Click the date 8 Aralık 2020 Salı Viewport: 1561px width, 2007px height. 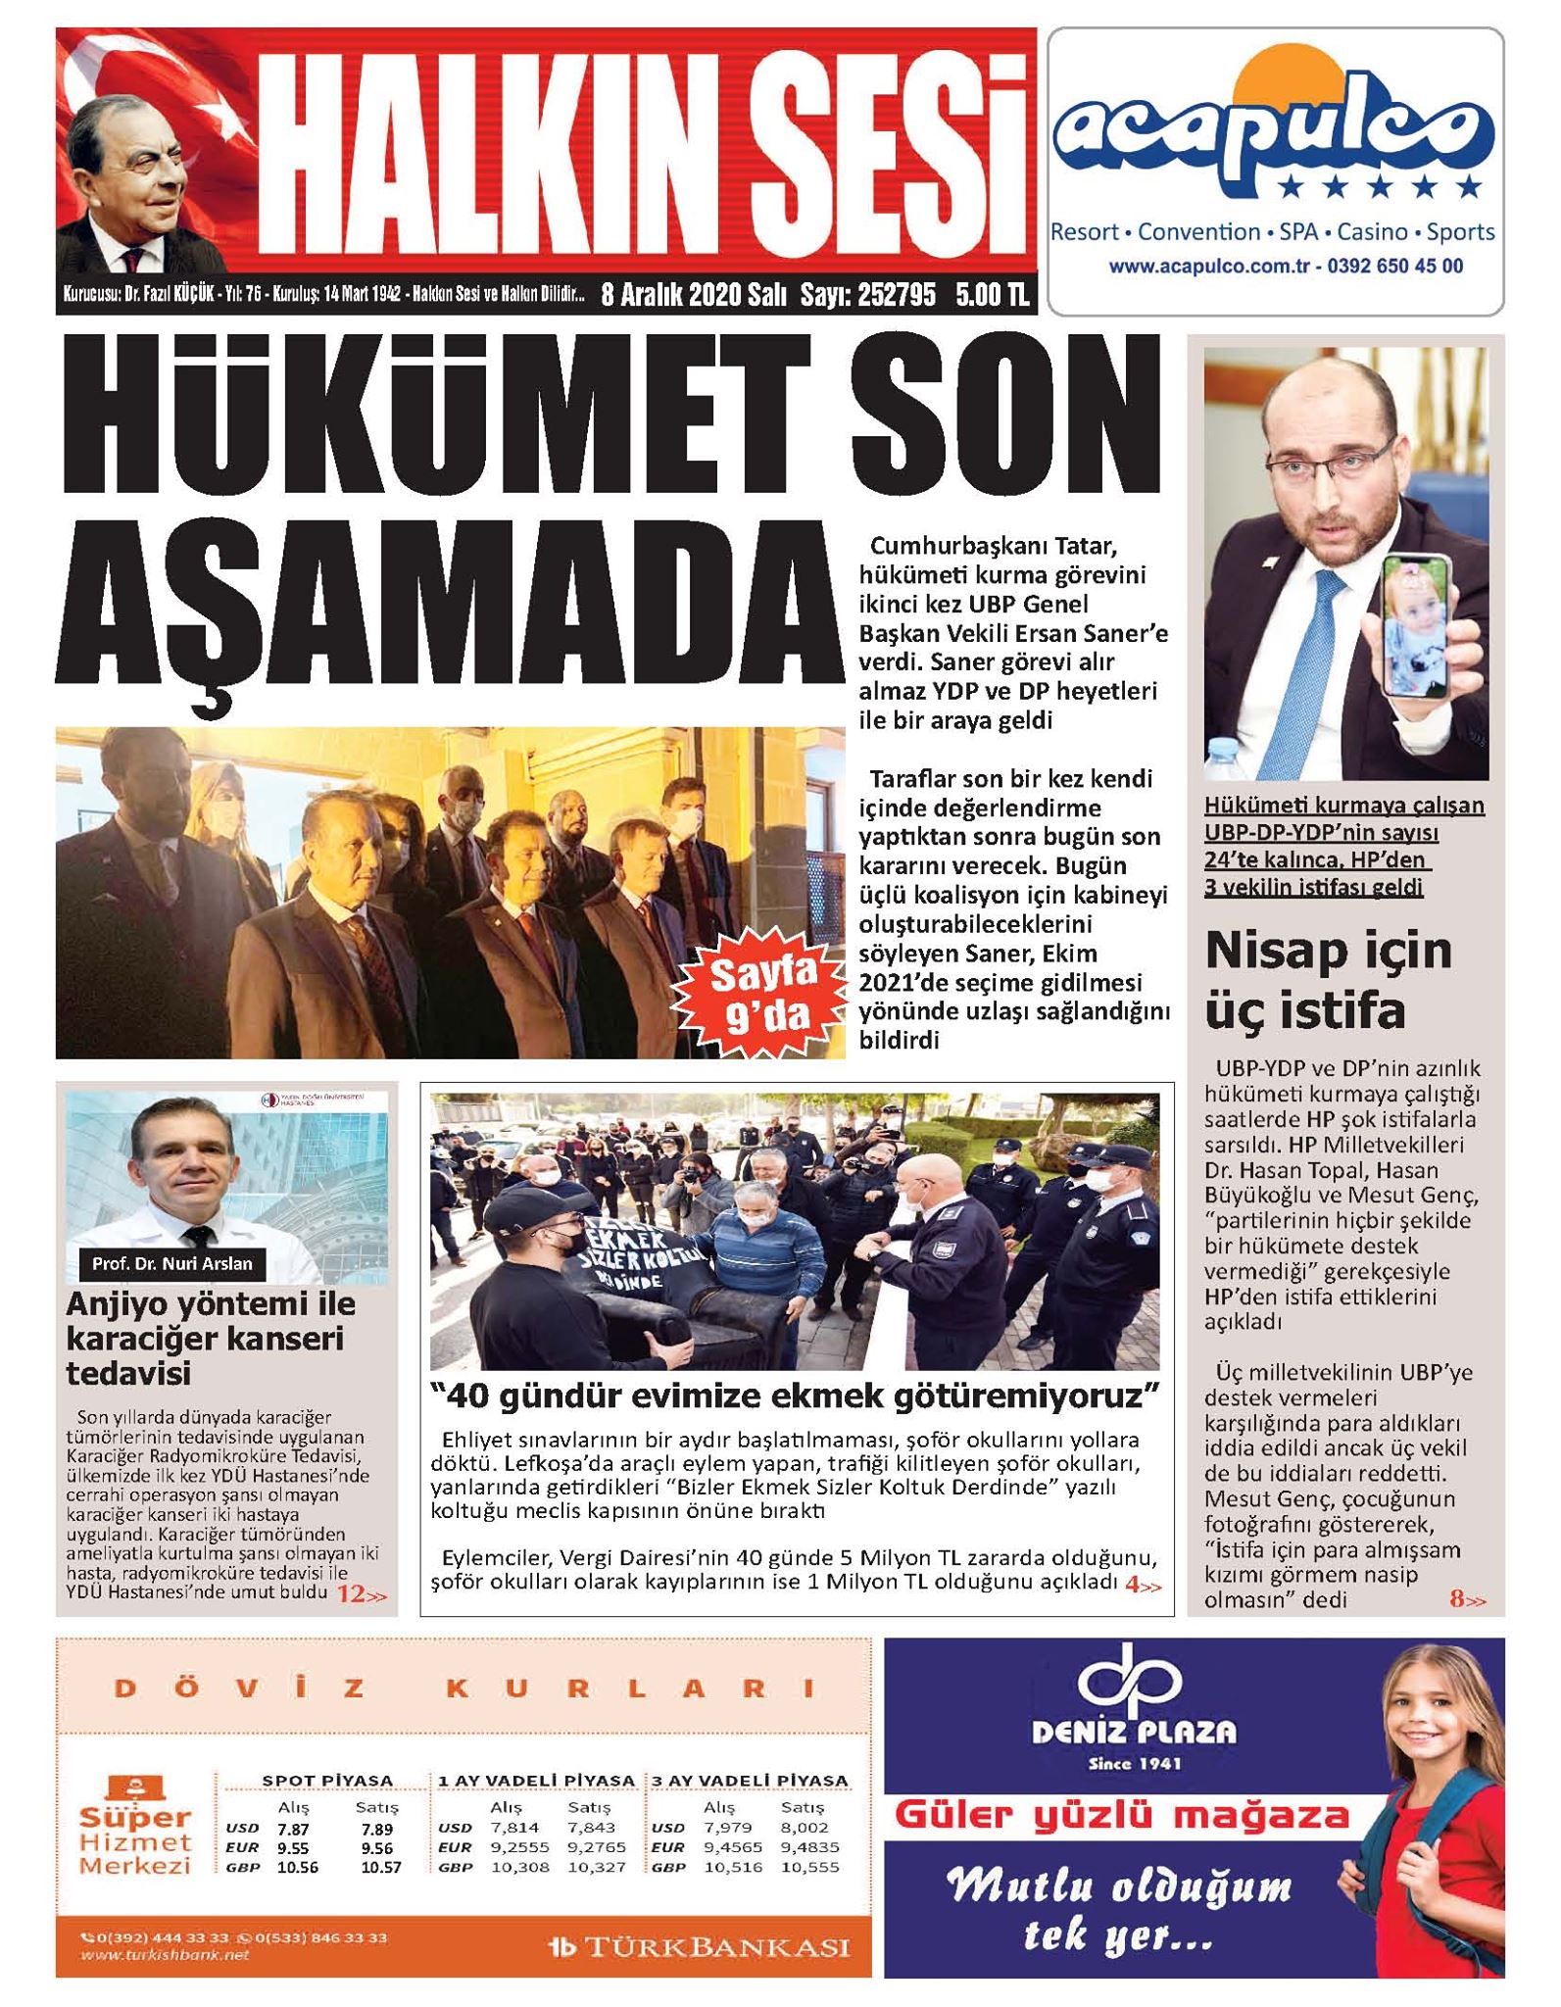point(693,295)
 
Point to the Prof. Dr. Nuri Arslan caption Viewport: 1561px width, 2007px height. point(171,1263)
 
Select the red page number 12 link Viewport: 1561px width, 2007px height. point(360,1595)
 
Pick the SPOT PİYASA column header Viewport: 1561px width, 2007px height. point(327,1781)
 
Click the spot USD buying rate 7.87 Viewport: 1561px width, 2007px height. point(292,1829)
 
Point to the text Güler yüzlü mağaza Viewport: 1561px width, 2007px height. point(1122,1816)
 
